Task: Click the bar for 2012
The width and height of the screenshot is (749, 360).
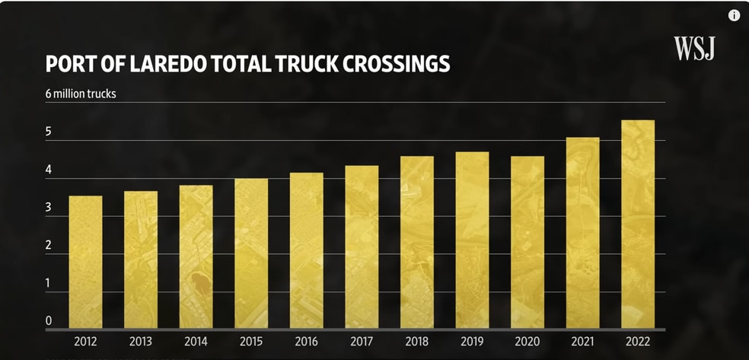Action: point(85,262)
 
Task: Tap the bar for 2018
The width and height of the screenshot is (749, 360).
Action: point(417,242)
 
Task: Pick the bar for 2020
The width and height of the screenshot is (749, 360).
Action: point(527,242)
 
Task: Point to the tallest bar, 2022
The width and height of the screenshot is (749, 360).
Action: point(638,225)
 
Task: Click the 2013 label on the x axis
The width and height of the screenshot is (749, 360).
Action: point(141,340)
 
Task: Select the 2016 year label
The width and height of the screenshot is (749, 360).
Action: point(306,340)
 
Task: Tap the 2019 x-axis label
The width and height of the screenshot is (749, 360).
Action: point(472,340)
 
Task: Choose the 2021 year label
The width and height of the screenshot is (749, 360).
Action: point(582,340)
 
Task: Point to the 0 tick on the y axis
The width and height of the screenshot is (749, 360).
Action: point(49,321)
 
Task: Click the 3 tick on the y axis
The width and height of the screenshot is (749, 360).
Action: point(49,207)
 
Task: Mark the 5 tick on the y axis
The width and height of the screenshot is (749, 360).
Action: point(49,132)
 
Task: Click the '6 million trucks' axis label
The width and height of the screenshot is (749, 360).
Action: point(81,94)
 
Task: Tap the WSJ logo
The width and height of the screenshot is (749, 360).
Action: point(694,49)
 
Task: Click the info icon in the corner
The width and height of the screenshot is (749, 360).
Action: point(734,15)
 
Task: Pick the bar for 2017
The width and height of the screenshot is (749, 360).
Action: point(362,247)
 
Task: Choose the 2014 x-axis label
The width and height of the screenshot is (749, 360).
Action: point(196,340)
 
